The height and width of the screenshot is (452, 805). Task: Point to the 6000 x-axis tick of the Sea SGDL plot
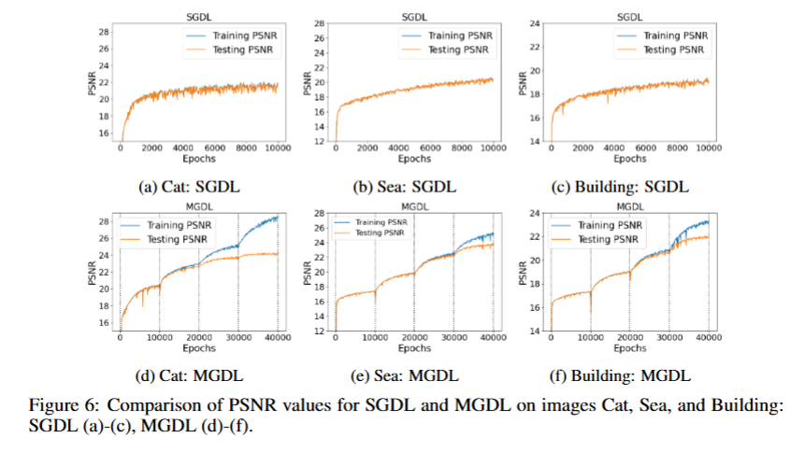point(430,148)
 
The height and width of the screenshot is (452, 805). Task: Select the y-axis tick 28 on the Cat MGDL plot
point(105,220)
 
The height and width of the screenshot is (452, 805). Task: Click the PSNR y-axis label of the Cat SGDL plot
point(90,82)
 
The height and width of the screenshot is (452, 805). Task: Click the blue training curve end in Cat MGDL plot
point(278,217)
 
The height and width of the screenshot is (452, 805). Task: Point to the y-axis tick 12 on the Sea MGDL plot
point(321,330)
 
